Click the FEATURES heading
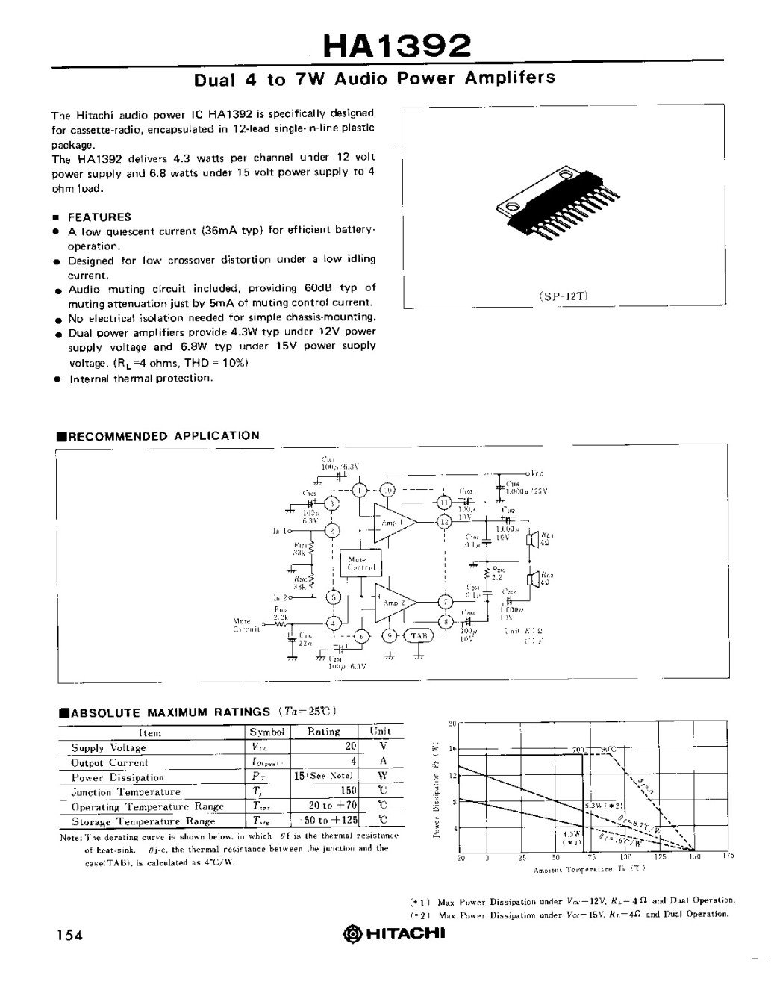99,217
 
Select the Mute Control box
360,564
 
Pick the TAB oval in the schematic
419,635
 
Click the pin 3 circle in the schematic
333,505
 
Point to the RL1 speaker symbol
533,539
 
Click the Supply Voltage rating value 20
349,747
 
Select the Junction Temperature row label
125,792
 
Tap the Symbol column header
267,732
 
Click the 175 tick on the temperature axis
728,856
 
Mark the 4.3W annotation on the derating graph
571,834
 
